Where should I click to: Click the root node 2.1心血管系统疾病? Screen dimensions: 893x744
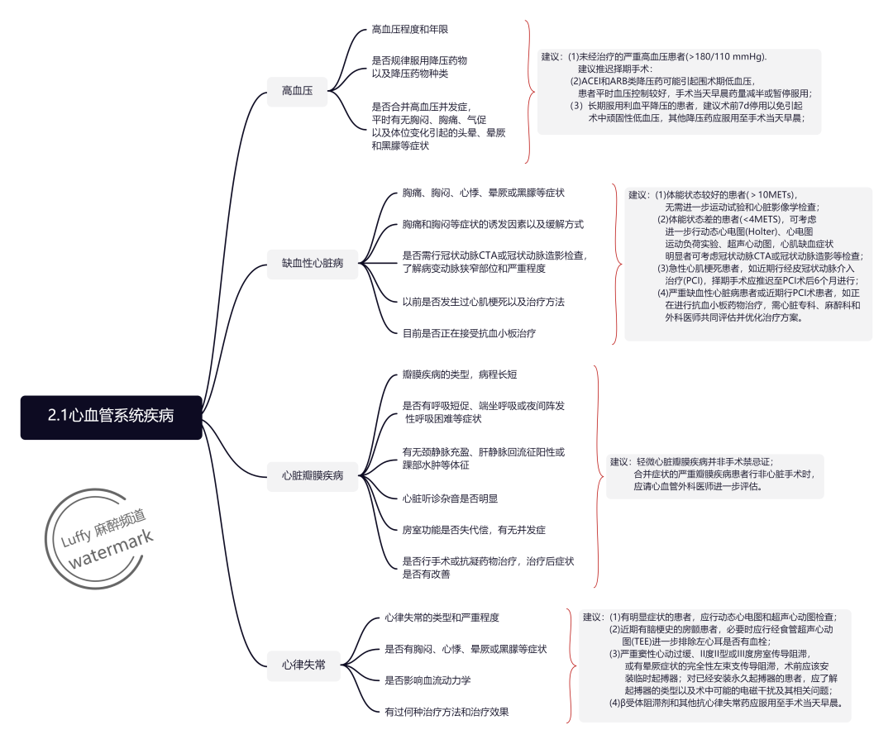pos(111,417)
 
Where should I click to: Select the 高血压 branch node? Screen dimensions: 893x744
pos(297,90)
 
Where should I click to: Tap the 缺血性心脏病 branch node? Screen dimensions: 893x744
pos(313,264)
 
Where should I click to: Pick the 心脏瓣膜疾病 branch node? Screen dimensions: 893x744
pos(313,475)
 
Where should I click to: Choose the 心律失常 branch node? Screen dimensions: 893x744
pos(303,664)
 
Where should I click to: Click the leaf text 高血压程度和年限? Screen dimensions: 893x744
pos(410,30)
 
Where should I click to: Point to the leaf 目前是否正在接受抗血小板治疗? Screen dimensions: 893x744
pos(469,333)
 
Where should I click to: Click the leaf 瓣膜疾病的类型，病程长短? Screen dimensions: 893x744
pos(460,374)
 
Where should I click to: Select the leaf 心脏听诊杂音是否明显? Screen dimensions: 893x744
pos(450,498)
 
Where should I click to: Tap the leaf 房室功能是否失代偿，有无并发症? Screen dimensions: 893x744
pos(474,529)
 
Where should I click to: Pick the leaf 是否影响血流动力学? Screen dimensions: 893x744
pos(427,680)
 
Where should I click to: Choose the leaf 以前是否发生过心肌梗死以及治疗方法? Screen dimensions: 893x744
pos(484,302)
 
